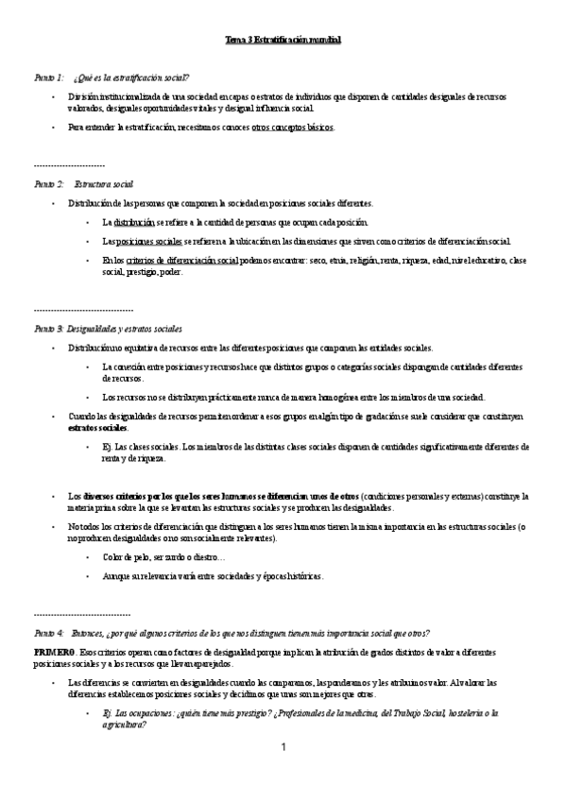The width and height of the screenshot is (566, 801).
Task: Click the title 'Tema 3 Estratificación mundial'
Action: point(283,41)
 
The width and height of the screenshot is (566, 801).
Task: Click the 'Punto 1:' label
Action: point(48,77)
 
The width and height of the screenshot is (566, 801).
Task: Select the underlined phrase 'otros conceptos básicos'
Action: point(292,127)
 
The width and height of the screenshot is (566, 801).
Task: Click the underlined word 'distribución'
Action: point(133,222)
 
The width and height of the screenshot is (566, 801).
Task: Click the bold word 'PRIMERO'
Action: point(54,653)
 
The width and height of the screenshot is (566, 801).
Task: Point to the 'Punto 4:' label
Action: point(48,633)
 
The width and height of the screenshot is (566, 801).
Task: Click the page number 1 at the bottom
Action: point(283,748)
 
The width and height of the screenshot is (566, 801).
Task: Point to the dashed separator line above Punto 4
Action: point(81,614)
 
